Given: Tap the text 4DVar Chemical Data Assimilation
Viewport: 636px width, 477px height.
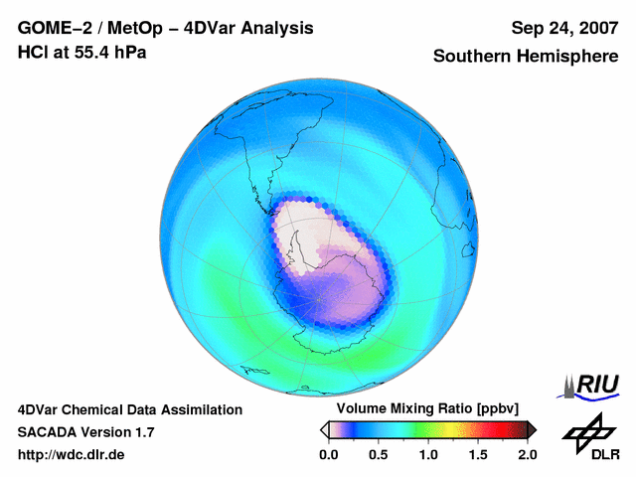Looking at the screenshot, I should tap(129, 409).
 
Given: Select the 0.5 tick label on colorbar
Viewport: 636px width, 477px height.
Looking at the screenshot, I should tap(378, 454).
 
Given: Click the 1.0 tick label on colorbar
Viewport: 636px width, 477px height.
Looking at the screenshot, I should tap(427, 454).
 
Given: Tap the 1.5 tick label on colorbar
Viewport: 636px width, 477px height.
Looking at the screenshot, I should tap(477, 454).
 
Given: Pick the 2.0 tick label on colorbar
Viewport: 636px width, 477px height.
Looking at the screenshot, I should tap(527, 454).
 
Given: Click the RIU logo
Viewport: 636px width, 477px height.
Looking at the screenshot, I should tap(590, 385).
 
